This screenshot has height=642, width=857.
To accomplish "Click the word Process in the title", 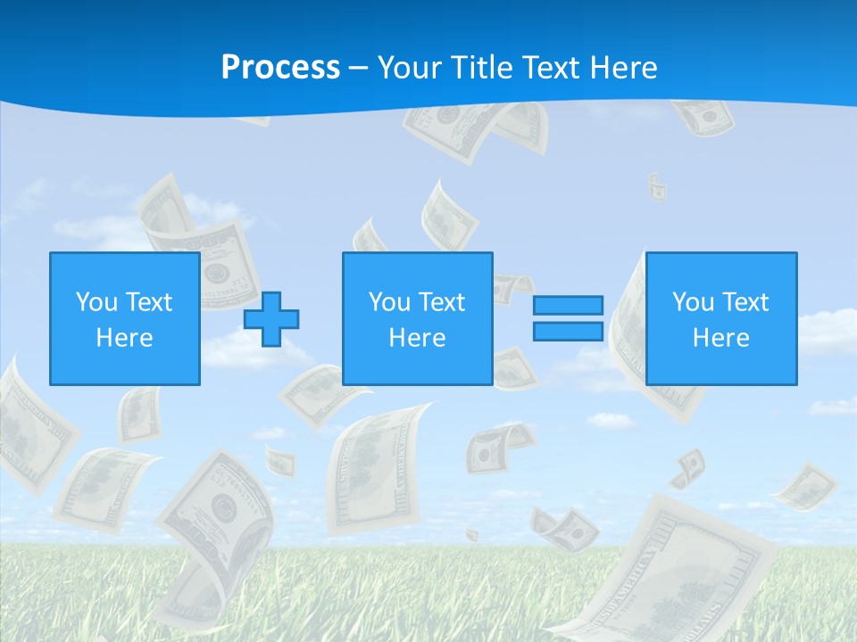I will tap(280, 68).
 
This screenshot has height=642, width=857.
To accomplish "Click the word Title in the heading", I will tap(478, 68).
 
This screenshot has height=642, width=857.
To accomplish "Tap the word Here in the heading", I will tap(621, 68).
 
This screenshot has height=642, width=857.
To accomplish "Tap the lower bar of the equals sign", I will tap(568, 331).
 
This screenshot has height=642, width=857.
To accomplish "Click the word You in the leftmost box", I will tap(96, 302).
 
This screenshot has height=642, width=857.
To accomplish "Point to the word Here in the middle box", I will tap(418, 338).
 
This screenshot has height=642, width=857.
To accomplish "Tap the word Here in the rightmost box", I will tap(721, 338).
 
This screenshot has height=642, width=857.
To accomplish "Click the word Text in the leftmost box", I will tap(149, 302).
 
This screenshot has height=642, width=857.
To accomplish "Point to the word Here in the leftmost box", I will tap(125, 338).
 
